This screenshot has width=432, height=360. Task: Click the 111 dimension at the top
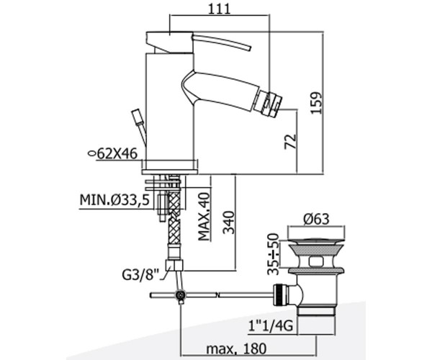click(x=219, y=9)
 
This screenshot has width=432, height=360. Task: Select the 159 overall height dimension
click(x=316, y=102)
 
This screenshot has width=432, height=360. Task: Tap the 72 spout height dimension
click(x=290, y=142)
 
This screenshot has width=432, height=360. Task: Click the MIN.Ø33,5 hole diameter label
click(x=114, y=199)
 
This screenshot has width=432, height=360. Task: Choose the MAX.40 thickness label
click(x=204, y=216)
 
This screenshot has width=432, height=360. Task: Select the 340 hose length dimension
click(x=228, y=222)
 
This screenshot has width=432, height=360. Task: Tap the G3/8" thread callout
click(x=141, y=274)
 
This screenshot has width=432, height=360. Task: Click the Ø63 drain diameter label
click(x=316, y=220)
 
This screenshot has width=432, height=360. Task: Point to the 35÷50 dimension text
click(x=273, y=253)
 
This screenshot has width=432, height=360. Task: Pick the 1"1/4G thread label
click(x=270, y=327)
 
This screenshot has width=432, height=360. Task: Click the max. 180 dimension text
click(x=236, y=349)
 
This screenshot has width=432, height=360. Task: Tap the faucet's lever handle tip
click(x=248, y=48)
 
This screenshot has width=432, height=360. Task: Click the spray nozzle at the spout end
click(x=269, y=103)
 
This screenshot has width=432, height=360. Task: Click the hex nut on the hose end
click(x=174, y=266)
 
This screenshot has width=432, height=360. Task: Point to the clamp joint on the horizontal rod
click(x=181, y=295)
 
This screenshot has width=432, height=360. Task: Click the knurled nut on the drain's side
click(x=279, y=294)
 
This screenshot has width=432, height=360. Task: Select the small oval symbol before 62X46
click(x=91, y=153)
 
